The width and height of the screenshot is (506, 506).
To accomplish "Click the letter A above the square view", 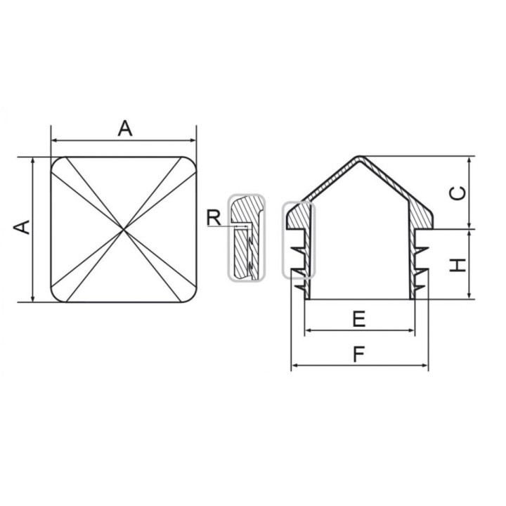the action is click(125, 128).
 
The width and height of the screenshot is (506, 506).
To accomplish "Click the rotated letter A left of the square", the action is click(22, 227).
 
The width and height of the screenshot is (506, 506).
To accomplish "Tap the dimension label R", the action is click(214, 217).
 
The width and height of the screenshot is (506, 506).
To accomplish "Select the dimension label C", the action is click(458, 193).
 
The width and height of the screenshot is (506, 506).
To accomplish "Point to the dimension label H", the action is click(458, 265).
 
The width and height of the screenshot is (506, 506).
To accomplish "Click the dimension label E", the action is click(359, 319).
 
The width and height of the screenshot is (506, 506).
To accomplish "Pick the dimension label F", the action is click(358, 354).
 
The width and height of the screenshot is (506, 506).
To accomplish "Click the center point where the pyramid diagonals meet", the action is click(124, 229).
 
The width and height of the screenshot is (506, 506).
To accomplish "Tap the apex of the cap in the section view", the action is click(358, 157).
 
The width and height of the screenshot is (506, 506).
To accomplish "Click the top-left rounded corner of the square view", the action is click(56, 162).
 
